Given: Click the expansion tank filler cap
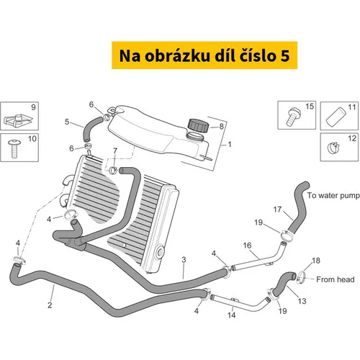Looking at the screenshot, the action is point(198,125).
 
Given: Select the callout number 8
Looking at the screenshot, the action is point(221,126).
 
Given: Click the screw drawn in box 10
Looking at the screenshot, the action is point(14,148).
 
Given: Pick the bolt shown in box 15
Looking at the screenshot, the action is point(293,117).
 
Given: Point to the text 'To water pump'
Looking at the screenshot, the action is point(333,196).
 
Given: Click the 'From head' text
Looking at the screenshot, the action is point(336,279).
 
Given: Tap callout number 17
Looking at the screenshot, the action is point(277,210).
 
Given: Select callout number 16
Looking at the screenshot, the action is point(247,246).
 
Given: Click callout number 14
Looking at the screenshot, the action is point(232,315).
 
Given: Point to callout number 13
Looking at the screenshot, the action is point(302,301).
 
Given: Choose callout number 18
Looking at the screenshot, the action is point(316,261).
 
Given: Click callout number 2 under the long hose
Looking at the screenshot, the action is point(50,305).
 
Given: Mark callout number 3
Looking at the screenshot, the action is point(184,260).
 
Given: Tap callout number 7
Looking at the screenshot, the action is point(115,150).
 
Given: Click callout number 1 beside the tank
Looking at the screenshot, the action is point(230,144).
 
